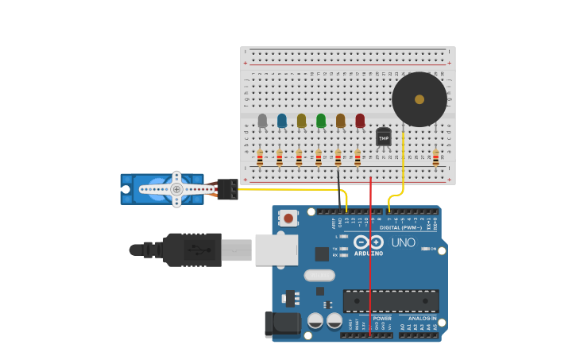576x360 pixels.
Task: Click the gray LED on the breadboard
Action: pyautogui.click(x=262, y=121)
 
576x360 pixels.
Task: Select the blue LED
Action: pyautogui.click(x=282, y=121)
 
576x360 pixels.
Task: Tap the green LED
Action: pyautogui.click(x=321, y=121)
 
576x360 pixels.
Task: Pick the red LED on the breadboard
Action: pyautogui.click(x=360, y=121)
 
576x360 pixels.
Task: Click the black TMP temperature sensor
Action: pyautogui.click(x=384, y=137)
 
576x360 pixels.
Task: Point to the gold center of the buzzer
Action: pyautogui.click(x=419, y=99)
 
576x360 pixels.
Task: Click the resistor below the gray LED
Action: pyautogui.click(x=260, y=158)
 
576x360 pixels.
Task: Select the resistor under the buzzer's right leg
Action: pyautogui.click(x=435, y=158)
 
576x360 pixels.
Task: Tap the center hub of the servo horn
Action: pyautogui.click(x=176, y=189)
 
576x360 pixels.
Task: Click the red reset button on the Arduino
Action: pyautogui.click(x=288, y=217)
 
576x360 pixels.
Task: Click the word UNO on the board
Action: pyautogui.click(x=403, y=242)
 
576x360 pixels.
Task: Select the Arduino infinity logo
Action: pyautogui.click(x=369, y=242)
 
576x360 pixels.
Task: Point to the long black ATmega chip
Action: pyautogui.click(x=391, y=301)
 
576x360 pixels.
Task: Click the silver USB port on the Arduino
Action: pyautogui.click(x=276, y=250)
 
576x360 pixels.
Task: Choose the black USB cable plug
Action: pyautogui.click(x=191, y=250)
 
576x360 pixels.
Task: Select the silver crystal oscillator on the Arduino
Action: pyautogui.click(x=319, y=276)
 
